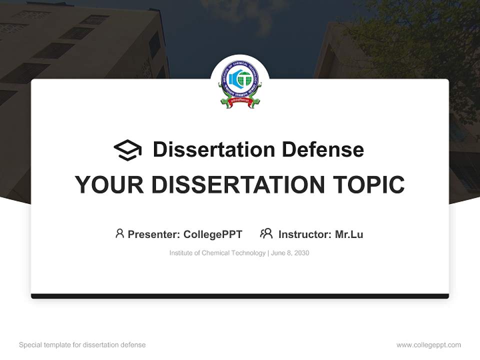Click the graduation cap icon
click(x=127, y=150)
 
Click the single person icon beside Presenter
click(x=119, y=233)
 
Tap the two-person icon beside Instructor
click(x=266, y=233)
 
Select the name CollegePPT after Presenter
click(x=213, y=234)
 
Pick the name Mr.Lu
click(x=349, y=234)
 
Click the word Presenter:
click(x=154, y=234)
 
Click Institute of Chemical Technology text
click(x=217, y=253)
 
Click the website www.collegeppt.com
click(x=428, y=345)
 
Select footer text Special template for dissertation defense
click(x=82, y=345)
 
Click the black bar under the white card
click(x=240, y=296)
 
